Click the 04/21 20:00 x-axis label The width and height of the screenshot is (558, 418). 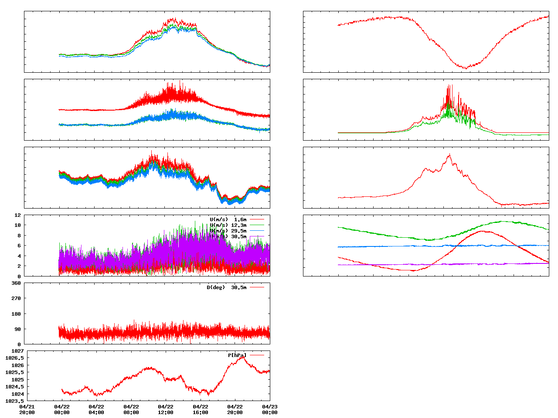coord(27,409)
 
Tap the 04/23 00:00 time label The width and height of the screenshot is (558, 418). coord(270,409)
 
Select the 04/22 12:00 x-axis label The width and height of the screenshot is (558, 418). coord(166,409)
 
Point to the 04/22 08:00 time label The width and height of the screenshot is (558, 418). coord(131,409)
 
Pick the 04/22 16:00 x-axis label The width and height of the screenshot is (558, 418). coord(201,409)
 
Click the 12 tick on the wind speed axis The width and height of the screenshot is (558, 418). coord(17,215)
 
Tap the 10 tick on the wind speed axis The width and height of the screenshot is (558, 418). coord(17,225)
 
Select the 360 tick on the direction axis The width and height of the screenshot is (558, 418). coord(16,283)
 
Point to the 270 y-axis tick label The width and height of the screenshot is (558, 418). coord(16,298)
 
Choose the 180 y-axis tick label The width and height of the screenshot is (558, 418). coord(16,314)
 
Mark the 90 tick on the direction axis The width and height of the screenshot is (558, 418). coord(17,329)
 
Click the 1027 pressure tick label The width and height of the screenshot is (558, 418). coord(17,351)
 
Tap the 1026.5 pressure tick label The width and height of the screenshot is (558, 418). coord(14,358)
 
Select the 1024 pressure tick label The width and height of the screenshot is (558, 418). coord(17,394)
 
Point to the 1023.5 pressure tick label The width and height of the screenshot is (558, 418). coord(14,401)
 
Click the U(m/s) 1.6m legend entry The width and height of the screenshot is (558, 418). coord(228,219)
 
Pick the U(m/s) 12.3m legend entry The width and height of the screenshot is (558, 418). coord(228,225)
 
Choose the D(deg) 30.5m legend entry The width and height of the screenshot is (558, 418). coord(226,287)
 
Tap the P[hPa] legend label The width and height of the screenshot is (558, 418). coord(237,355)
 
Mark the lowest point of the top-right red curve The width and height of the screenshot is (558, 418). coord(466,68)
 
